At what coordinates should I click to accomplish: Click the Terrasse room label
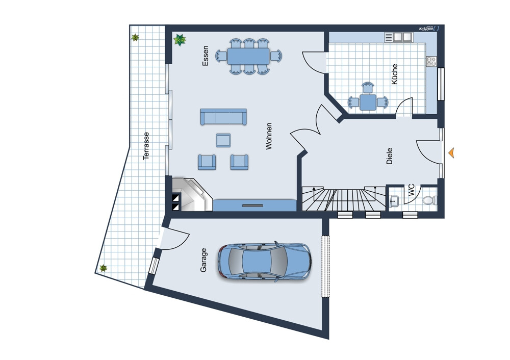coord(146,146)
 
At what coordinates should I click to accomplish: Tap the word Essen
coord(205,56)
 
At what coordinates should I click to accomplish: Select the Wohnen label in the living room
coord(269,136)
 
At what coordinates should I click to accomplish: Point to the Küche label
coord(395,74)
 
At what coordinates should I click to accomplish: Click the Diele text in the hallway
coord(389,156)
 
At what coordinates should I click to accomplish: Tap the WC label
coord(412,190)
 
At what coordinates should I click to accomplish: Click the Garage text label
coord(203,260)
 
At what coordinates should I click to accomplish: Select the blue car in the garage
coord(264,261)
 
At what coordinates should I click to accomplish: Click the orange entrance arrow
coord(451,152)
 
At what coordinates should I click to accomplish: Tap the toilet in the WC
coord(429,200)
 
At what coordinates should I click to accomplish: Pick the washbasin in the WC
coord(394,200)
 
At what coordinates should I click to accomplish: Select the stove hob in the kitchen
coord(431,61)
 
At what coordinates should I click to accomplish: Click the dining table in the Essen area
coord(248,56)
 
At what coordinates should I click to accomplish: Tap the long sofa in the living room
coord(223,117)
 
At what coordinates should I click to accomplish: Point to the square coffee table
coord(223,140)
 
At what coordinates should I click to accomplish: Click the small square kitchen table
coord(368,102)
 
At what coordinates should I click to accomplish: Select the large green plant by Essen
coord(180,40)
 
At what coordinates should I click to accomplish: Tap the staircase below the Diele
coord(344,198)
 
